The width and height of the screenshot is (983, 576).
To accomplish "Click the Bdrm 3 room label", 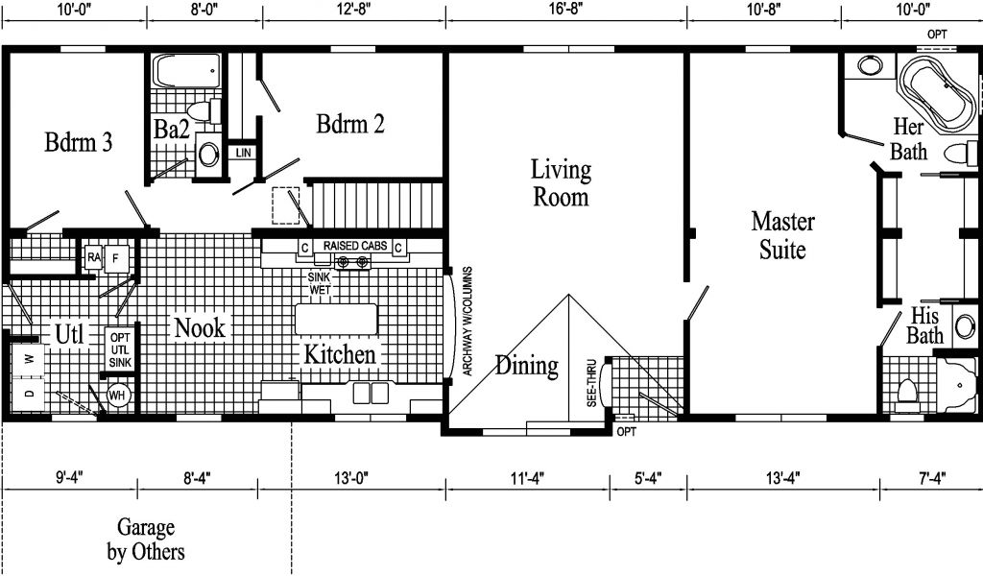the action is [x=79, y=142].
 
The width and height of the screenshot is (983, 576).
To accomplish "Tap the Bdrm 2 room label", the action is [x=349, y=124].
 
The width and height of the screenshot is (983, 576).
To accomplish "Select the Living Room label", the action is [x=561, y=183].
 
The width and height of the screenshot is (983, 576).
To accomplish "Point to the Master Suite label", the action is [x=782, y=235].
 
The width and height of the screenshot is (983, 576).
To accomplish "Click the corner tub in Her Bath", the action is [x=937, y=94].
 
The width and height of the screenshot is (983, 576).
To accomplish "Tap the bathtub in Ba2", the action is [x=187, y=71].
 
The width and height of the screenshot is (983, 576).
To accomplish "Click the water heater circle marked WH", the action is [x=117, y=396].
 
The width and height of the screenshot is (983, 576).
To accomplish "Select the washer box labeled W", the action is [x=28, y=360].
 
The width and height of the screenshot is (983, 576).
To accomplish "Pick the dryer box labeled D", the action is [x=28, y=394].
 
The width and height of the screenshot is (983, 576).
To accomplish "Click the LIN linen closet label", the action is [x=243, y=153].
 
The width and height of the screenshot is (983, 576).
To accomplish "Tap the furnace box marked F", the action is [x=116, y=259].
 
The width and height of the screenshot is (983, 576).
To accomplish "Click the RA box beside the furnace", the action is [x=94, y=257].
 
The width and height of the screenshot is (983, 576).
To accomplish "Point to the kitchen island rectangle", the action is [x=337, y=319].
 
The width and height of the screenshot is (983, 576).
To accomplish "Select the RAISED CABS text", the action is [x=355, y=246].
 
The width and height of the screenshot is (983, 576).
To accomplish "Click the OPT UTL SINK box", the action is [x=120, y=349].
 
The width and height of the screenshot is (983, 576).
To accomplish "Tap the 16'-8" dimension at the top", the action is [x=566, y=9].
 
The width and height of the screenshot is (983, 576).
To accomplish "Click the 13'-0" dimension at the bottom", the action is [x=351, y=478].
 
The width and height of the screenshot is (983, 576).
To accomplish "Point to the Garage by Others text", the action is [x=146, y=540].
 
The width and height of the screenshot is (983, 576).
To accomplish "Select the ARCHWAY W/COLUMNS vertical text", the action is [x=468, y=322].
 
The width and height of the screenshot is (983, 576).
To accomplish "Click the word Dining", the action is [x=527, y=366].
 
